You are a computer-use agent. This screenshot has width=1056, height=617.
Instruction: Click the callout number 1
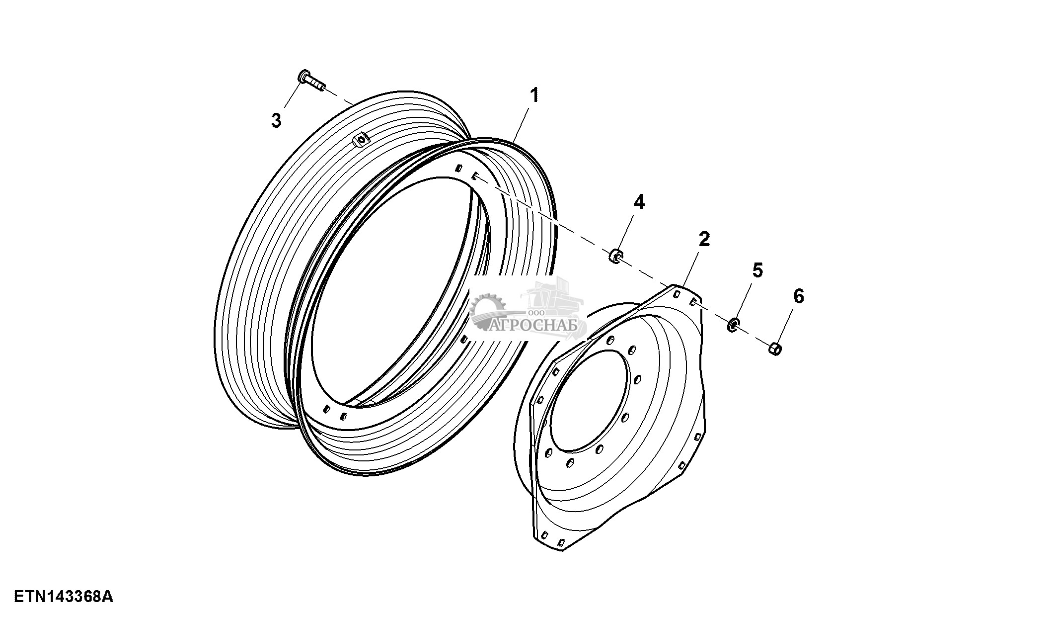pos(534,95)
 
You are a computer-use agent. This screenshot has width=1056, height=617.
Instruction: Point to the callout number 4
pos(639,202)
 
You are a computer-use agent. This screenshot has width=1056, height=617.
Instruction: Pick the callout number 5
pos(757,270)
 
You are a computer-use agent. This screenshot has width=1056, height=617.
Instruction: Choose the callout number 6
pos(798,296)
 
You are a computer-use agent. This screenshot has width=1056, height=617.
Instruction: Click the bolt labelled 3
pos(310,82)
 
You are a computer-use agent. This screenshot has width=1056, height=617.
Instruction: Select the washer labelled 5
pos(733,326)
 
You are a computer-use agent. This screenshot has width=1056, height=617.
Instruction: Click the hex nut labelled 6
pos(775,349)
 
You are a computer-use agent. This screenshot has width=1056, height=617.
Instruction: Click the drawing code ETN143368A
pos(63,596)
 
